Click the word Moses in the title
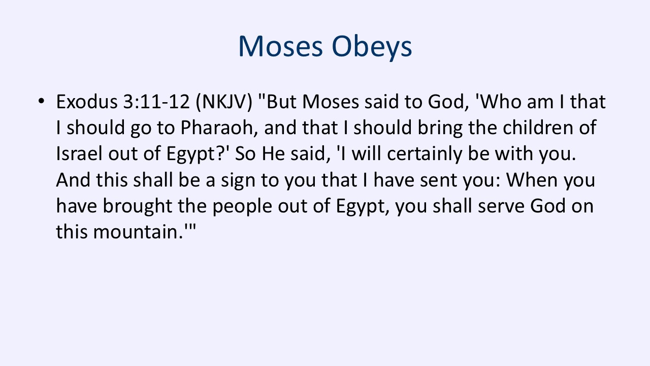[281, 46]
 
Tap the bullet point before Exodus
[42, 101]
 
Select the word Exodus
[86, 102]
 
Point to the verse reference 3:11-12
[156, 102]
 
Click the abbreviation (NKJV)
[224, 102]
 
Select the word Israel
[79, 154]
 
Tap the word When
[532, 179]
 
